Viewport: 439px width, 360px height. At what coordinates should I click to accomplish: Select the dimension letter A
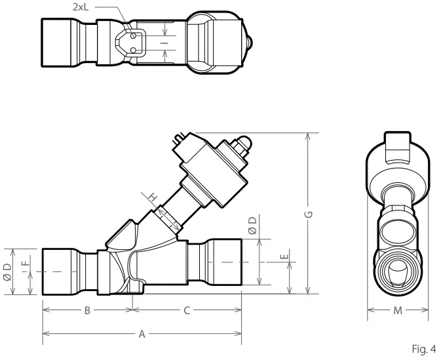tap(142, 334)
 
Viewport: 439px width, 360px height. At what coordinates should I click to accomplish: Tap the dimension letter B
tap(87, 310)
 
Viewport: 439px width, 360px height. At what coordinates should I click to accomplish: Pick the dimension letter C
tap(187, 310)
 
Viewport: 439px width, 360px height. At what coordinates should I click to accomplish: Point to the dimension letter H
tap(151, 197)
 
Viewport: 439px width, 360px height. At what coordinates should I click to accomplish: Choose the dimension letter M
tap(397, 310)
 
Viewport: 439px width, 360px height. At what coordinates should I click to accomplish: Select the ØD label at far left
tap(7, 271)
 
